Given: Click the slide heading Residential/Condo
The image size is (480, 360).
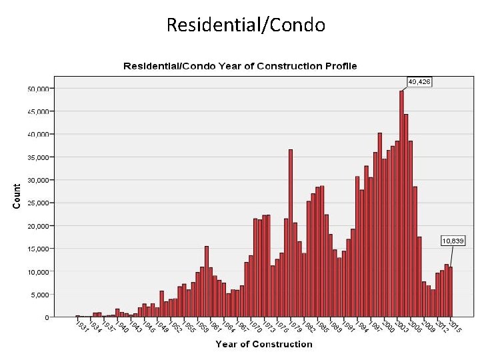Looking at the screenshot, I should pos(245,25).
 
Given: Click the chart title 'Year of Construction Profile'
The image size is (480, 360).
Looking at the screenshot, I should pos(239,66).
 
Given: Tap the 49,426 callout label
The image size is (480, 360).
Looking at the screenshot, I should pos(419,81).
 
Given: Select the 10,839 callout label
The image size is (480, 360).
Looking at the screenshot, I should pos(453,240).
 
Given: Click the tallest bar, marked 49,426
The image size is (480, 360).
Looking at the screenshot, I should pos(401,203).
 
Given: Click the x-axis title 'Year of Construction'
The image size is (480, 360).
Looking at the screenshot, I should pos(263,345).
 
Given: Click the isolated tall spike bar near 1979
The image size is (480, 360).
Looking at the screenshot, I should pos(291,233).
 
